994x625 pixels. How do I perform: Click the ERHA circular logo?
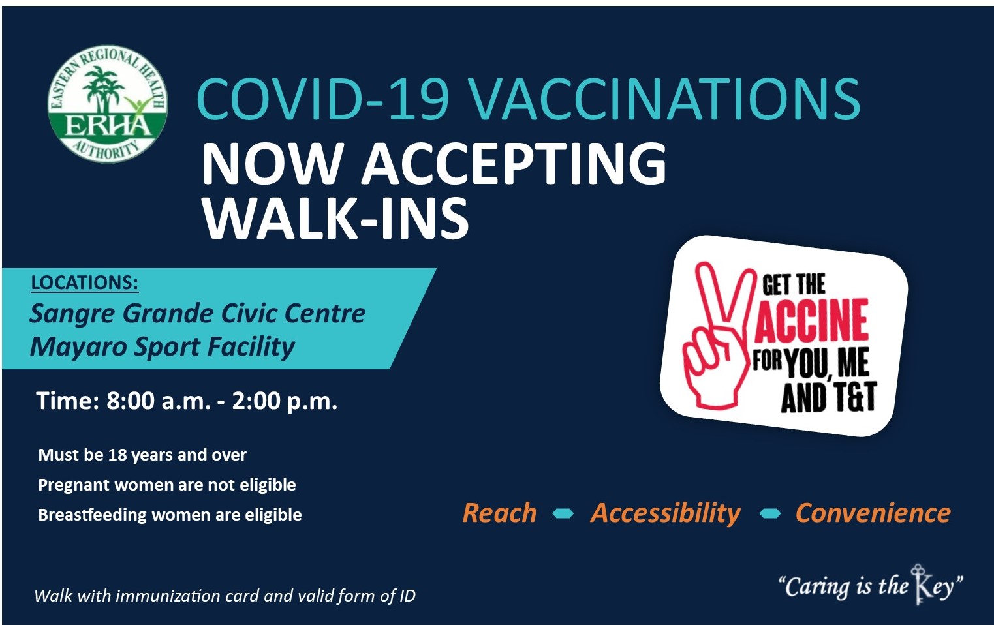(108, 104)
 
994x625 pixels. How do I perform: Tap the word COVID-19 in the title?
(322, 99)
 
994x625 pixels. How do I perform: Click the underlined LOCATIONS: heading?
(85, 283)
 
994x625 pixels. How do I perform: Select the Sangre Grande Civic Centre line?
(198, 313)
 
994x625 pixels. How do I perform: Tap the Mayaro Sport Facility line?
(163, 346)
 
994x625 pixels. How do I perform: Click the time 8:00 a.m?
(159, 401)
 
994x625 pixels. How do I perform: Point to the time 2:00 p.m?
(285, 402)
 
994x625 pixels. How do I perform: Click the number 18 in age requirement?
(117, 455)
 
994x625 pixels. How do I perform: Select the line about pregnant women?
(167, 485)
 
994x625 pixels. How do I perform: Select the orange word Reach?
(500, 513)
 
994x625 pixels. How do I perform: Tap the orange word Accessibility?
(666, 513)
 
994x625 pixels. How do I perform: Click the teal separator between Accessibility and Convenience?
(770, 513)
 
